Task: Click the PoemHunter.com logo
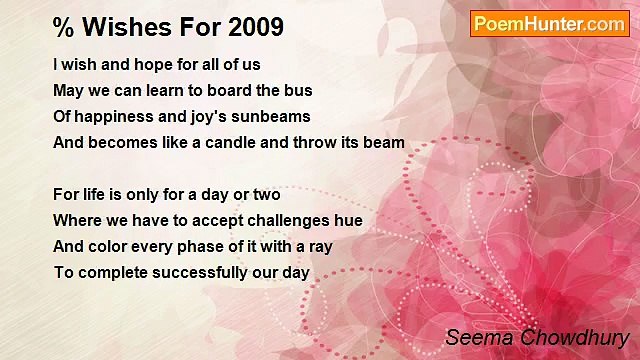click(549, 24)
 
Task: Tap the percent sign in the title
click(63, 27)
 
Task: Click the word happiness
click(113, 117)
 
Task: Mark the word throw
click(316, 143)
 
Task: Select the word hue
click(349, 221)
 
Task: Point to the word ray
click(320, 247)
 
